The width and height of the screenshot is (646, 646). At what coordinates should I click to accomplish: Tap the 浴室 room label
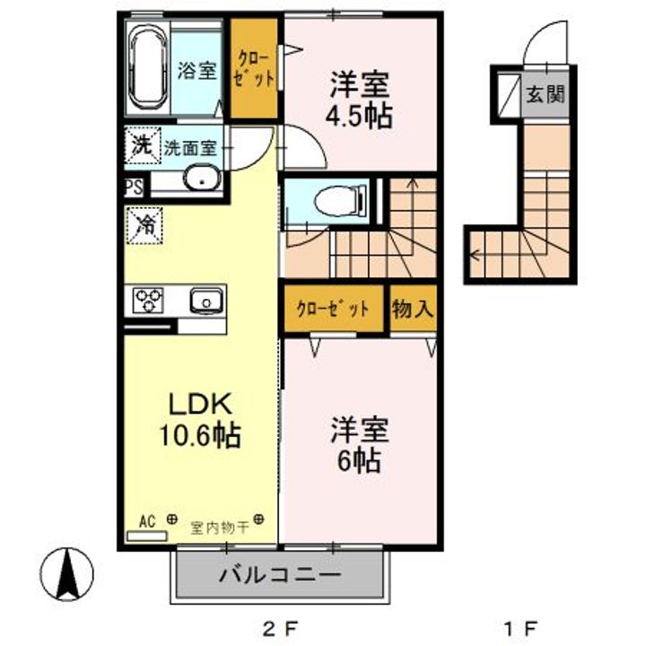(x=196, y=70)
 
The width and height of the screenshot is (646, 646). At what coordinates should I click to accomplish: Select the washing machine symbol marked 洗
(x=142, y=144)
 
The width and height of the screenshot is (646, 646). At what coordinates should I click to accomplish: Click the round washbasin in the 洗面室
(x=202, y=178)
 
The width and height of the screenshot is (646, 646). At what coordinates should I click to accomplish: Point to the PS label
(x=135, y=188)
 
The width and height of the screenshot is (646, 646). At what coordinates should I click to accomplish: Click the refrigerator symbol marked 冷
(x=144, y=225)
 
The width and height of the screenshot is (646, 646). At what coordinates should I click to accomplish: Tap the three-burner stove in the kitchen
(x=148, y=300)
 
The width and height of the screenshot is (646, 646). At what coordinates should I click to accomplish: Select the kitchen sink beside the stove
(x=206, y=301)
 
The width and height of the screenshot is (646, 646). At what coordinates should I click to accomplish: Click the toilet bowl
(x=340, y=201)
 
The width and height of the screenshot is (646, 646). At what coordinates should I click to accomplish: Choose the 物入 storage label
(x=413, y=309)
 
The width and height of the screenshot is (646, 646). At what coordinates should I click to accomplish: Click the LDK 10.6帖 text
(x=200, y=420)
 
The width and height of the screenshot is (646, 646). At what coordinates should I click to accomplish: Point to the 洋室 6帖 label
(x=360, y=445)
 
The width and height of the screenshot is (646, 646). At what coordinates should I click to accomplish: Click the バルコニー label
(x=280, y=575)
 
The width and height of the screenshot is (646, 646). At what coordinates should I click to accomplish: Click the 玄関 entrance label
(x=545, y=95)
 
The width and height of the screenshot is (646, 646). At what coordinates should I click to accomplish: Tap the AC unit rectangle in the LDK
(x=147, y=536)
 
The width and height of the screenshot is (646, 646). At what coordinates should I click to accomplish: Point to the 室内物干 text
(x=220, y=527)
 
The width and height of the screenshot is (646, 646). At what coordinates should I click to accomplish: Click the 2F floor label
(x=280, y=629)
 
